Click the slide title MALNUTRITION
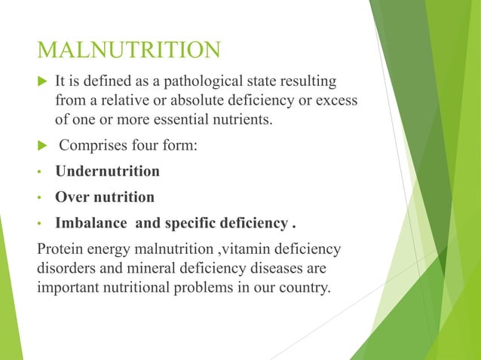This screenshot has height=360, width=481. coord(129,50)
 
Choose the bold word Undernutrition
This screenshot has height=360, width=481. coord(107,171)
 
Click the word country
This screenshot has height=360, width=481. coord(301,288)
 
